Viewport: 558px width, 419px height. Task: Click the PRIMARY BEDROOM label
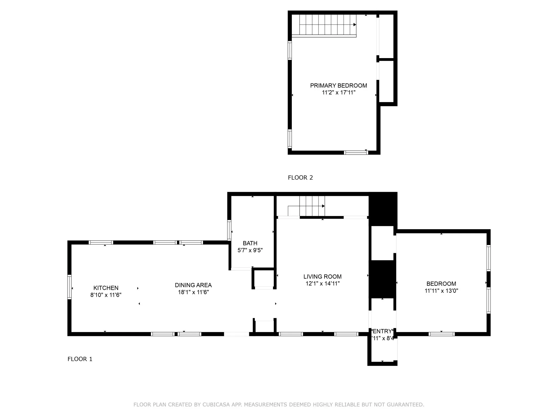point(338,85)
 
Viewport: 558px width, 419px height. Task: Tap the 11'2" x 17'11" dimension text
point(338,92)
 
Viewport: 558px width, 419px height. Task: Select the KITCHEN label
point(106,288)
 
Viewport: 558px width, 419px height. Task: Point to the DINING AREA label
point(193,285)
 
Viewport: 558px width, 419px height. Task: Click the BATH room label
point(250,243)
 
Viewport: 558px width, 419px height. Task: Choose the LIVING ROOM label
point(322,276)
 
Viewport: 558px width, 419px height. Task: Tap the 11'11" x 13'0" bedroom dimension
point(441,291)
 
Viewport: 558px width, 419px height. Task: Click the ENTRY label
point(382,331)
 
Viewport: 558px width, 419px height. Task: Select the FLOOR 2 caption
point(300,178)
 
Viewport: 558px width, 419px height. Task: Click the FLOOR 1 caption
point(80,359)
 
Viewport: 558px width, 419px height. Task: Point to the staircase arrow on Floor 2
point(355,25)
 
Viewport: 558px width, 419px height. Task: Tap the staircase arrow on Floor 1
point(323,206)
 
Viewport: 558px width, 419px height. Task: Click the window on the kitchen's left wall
point(69,287)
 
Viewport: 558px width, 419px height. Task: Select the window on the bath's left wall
point(229,230)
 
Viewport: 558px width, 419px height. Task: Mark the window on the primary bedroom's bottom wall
point(356,152)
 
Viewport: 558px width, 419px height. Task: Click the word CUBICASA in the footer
point(216,405)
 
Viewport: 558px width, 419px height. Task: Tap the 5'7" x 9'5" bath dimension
point(250,250)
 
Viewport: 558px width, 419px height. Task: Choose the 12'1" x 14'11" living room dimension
point(322,283)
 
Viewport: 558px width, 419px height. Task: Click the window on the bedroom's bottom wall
point(441,334)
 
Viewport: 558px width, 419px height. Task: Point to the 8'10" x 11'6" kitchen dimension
point(106,295)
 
